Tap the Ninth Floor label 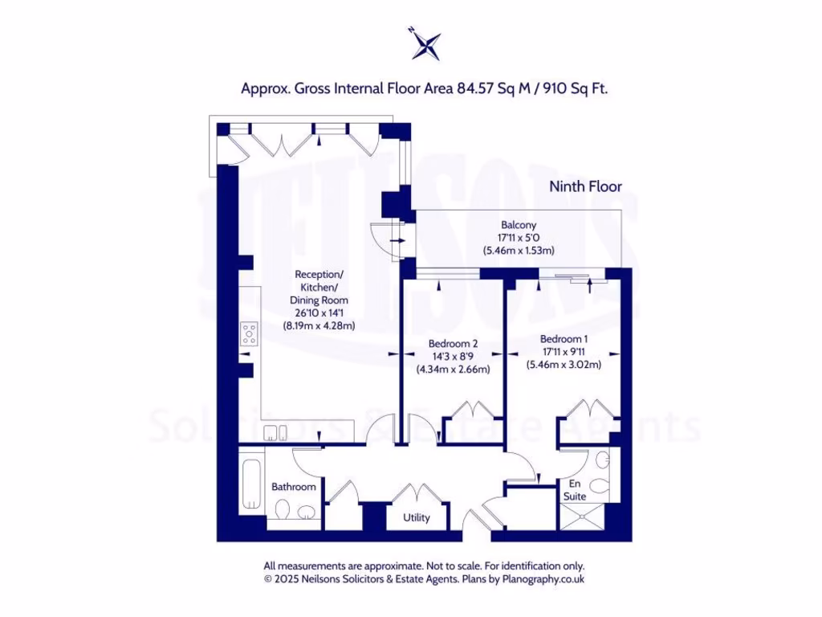(585, 186)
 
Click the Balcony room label (519, 225)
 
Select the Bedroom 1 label (564, 338)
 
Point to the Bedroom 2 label (453, 344)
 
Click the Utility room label (417, 517)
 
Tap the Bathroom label (293, 487)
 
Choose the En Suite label (575, 490)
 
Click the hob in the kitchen (249, 333)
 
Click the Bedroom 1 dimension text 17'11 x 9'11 (564, 351)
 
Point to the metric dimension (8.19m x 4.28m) (319, 326)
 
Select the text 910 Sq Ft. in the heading (576, 88)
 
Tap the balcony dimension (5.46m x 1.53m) (519, 251)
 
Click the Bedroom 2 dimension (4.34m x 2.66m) (453, 370)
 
